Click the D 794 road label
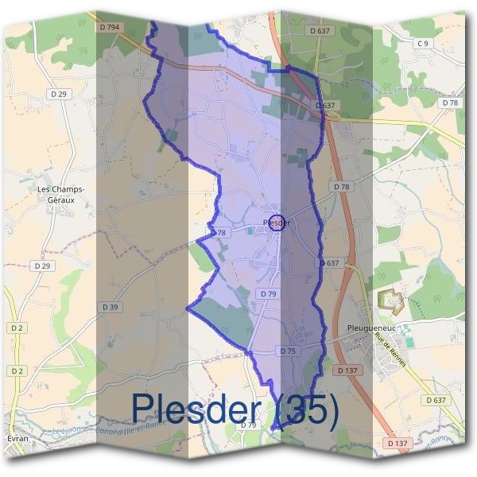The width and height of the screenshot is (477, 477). (111, 27)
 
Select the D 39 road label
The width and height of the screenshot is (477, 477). (111, 306)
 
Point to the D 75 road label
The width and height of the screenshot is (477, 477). (288, 351)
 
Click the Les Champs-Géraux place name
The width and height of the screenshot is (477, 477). (61, 195)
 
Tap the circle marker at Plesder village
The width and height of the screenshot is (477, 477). (276, 223)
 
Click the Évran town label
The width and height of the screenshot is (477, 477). (16, 439)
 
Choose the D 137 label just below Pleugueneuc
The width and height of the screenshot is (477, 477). (348, 370)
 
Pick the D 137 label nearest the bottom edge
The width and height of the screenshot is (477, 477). (397, 443)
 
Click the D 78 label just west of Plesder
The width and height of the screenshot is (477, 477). (219, 233)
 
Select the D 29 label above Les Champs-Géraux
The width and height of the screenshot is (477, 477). (58, 94)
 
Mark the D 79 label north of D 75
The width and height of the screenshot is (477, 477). (268, 294)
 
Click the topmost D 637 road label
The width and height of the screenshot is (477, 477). (320, 30)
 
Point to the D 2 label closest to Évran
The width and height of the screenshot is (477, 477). (17, 370)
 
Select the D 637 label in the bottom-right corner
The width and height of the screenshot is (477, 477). (435, 401)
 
